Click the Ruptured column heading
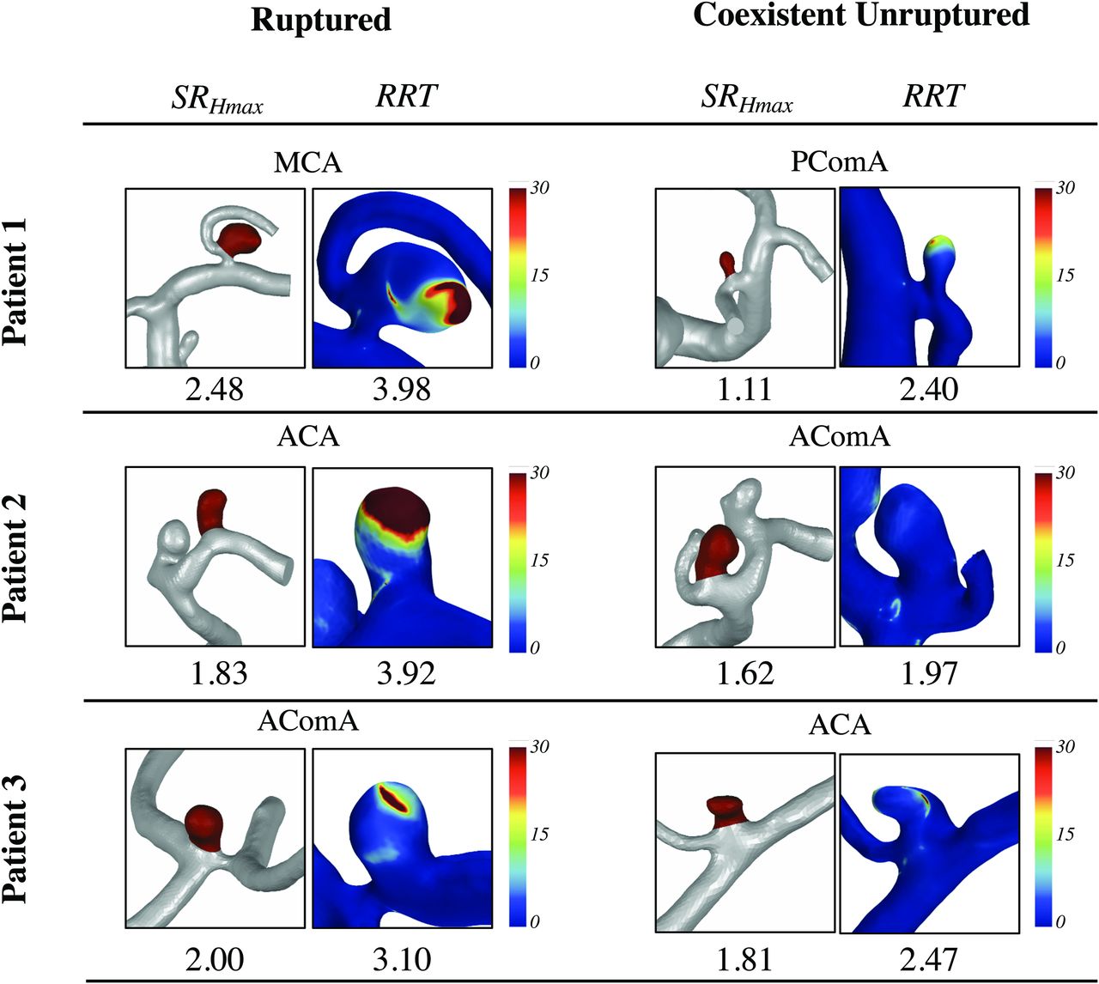pos(320,20)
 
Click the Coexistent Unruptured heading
pos(861,15)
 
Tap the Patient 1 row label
pos(16,282)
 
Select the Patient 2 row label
pos(16,558)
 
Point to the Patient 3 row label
pos(16,839)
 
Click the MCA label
pos(307,162)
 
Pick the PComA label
pos(839,161)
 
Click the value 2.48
pos(215,391)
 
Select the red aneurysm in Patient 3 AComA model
pos(204,823)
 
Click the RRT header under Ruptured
pos(406,96)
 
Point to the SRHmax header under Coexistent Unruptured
pos(746,99)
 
